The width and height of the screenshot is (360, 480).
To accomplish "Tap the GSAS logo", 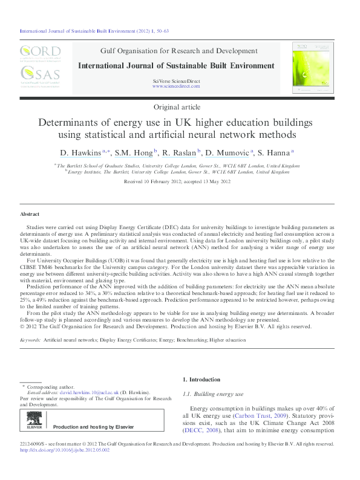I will coord(40,76).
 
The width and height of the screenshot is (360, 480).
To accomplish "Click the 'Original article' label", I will coord(179,106).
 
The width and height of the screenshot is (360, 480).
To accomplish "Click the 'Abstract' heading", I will coord(30,215).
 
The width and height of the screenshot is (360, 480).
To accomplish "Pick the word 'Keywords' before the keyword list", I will coord(30,340).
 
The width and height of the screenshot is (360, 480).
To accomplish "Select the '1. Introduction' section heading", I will coord(201,380).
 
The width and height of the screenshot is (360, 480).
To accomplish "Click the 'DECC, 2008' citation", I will coord(203,431).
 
